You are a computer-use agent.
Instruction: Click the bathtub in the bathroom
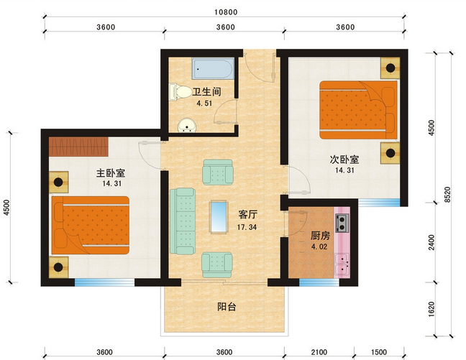click(x=213, y=70)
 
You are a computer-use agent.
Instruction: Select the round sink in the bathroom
click(x=188, y=127)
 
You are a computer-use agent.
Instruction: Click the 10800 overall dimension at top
click(x=226, y=11)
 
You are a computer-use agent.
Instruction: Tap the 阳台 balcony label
click(x=227, y=307)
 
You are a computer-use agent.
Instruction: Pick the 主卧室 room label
click(x=111, y=173)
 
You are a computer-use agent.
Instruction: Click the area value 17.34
click(x=247, y=227)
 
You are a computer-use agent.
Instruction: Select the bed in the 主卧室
click(x=91, y=226)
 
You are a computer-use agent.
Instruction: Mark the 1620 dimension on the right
click(x=432, y=308)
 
